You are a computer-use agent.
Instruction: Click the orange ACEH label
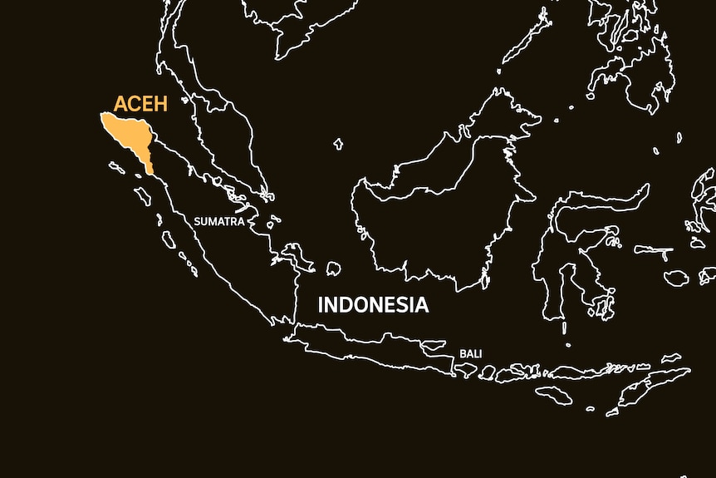pos(141,104)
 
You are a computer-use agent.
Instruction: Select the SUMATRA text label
pos(218,222)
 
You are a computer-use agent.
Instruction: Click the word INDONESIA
pos(373,305)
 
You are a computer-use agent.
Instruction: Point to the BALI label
pos(470,354)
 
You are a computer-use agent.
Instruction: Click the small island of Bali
pos(465,369)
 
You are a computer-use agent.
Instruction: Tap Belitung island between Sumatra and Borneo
pos(333,269)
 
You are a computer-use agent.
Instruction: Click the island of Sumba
pos(553,395)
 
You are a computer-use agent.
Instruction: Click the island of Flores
pos(573,372)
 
